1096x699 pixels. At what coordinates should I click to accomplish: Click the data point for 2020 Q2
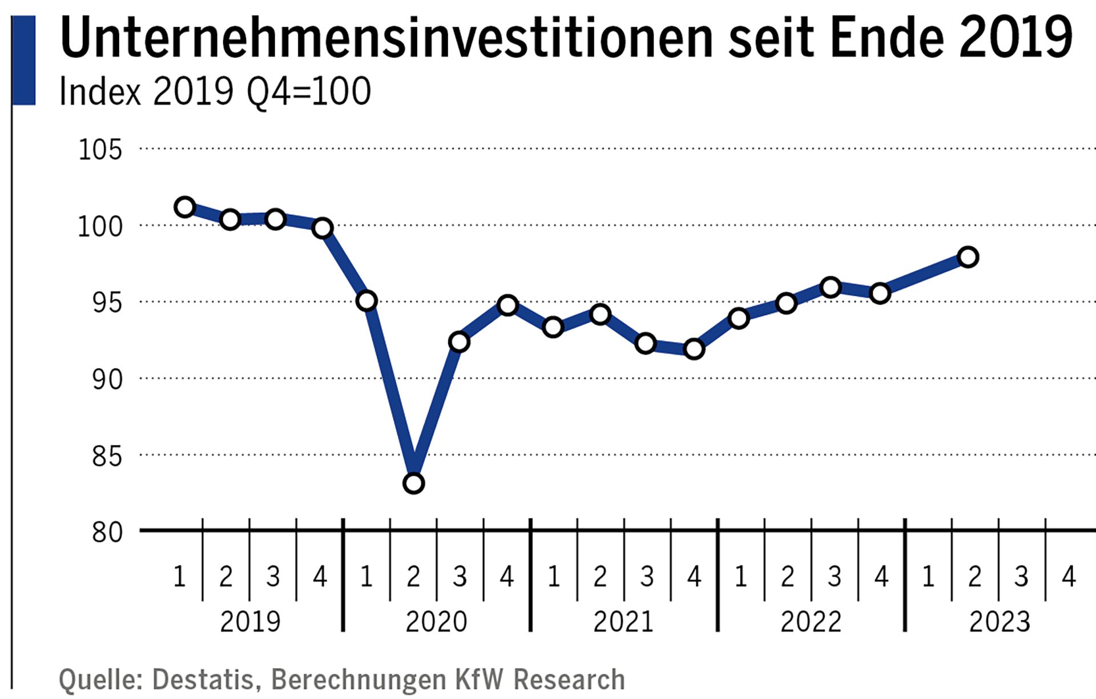413,483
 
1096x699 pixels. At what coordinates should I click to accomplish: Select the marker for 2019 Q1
185,207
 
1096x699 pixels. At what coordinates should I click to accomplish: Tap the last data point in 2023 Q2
968,257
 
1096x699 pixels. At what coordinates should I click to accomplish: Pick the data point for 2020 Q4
507,305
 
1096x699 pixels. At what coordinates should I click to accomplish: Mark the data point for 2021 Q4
694,348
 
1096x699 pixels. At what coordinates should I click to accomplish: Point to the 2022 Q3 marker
831,287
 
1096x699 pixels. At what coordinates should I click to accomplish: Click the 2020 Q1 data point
366,300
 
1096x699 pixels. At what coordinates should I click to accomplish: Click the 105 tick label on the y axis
100,150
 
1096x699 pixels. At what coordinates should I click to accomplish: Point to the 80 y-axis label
107,532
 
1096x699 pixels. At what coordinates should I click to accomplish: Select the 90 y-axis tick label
107,380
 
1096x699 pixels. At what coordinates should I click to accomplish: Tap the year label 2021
623,622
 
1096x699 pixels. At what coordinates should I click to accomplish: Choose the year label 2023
1000,622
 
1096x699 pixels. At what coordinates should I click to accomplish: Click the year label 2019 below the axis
250,622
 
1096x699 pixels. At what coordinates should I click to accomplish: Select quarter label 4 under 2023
1069,577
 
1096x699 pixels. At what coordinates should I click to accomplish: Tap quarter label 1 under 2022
740,577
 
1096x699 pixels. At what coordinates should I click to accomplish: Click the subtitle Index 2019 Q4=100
215,91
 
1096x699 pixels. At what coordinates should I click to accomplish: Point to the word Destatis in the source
203,680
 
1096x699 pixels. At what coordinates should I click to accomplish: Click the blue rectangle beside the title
24,60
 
